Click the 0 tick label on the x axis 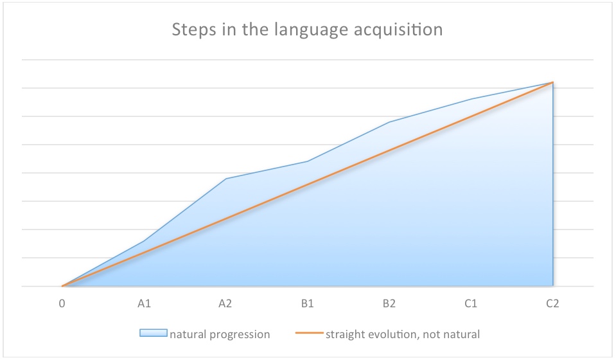coord(62,303)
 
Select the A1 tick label coord(144,303)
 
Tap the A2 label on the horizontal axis coord(225,303)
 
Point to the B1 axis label coord(307,303)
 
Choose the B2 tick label coord(389,303)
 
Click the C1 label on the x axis coord(471,303)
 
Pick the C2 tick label coord(552,303)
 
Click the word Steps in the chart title coord(194,30)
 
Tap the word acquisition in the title coord(398,30)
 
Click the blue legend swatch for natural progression coord(154,333)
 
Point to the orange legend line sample coord(309,333)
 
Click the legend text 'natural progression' coord(220,334)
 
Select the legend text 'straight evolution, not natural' coord(403,334)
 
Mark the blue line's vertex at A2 coord(226,179)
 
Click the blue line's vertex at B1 coord(308,161)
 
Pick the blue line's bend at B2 coord(389,122)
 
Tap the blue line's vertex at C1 coord(471,99)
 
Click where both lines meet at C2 coord(553,82)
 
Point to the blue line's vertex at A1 coord(144,241)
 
